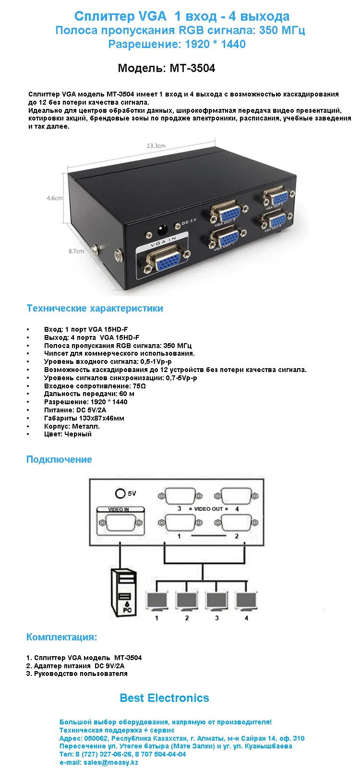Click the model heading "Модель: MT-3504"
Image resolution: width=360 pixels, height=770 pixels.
[x=166, y=68]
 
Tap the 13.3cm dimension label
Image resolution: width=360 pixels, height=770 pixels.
[x=156, y=146]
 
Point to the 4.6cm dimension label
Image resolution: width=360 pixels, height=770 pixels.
[x=55, y=198]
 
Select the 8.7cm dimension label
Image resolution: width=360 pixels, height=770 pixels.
[x=76, y=251]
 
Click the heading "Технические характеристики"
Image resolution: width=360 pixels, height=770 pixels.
[x=95, y=308]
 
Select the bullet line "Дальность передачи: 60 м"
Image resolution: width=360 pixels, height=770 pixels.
[x=89, y=394]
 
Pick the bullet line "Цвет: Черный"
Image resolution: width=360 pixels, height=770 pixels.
[x=68, y=434]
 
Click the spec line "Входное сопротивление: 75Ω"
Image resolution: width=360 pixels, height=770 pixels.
[x=95, y=386]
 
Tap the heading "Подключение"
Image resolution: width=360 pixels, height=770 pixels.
[x=59, y=459]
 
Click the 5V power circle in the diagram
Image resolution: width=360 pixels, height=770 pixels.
[x=120, y=493]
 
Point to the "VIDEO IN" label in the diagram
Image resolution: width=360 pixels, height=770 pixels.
[x=119, y=509]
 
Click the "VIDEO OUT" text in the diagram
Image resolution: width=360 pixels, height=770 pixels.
[x=208, y=508]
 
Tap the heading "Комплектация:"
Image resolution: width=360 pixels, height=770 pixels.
[x=61, y=637]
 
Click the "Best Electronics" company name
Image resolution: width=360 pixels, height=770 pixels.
[x=164, y=698]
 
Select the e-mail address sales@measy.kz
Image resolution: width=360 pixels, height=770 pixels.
[x=110, y=762]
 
